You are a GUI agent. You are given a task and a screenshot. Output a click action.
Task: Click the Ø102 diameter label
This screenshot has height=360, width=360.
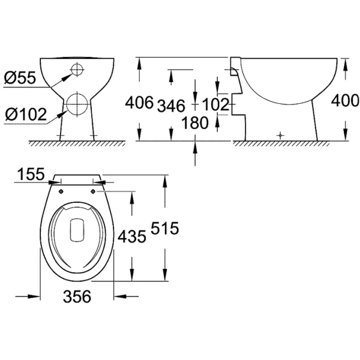point(25,113)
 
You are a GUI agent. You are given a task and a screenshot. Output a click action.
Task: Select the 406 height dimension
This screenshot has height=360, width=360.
point(139,104)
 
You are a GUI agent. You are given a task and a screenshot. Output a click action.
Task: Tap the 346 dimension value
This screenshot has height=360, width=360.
point(171,106)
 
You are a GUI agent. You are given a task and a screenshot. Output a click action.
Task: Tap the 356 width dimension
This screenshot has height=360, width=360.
point(77,296)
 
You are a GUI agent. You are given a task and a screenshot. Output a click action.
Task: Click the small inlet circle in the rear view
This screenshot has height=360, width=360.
point(77,70)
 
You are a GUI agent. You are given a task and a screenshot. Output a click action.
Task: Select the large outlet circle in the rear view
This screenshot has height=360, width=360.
point(77,104)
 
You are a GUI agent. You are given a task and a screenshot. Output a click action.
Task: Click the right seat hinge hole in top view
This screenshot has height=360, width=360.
point(93,192)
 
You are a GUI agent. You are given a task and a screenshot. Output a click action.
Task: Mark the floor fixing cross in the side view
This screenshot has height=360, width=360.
point(280,136)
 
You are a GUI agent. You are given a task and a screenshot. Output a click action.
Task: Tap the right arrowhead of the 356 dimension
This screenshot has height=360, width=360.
point(118,295)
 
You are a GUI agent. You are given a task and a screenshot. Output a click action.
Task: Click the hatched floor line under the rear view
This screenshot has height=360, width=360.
point(77,143)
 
